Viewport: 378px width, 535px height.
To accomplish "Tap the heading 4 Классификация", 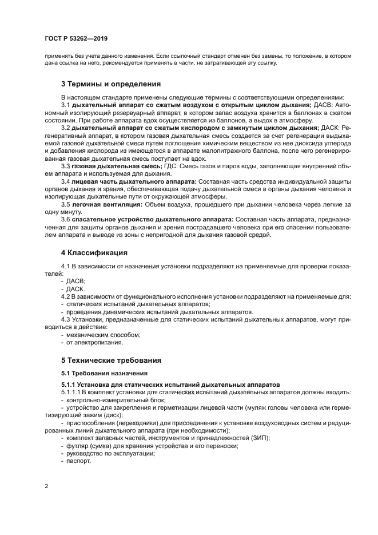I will tap(94, 252).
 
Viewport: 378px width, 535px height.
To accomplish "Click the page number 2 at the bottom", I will tap(46, 486).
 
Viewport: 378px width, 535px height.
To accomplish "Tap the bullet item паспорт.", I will tap(79, 461).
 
